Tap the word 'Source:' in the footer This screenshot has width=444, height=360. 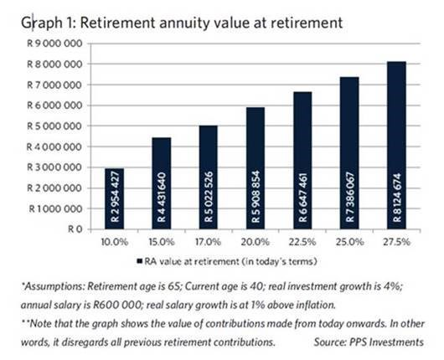pyautogui.click(x=330, y=342)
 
